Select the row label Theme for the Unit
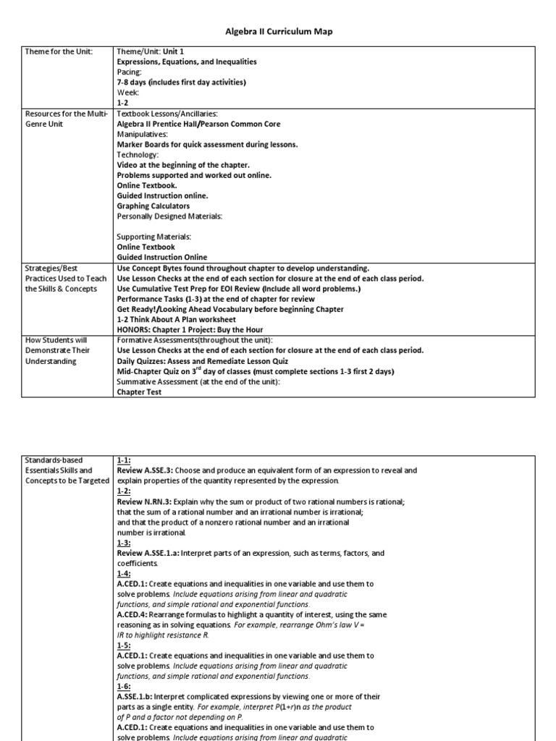coord(59,52)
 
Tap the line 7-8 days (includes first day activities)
coord(181,82)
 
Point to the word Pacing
coord(130,72)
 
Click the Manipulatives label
coord(143,134)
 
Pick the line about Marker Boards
coord(207,144)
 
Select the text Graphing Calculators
coord(153,206)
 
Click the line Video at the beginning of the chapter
coord(183,165)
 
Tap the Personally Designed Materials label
coord(170,216)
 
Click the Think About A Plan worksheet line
coord(176,319)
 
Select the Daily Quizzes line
coord(202,360)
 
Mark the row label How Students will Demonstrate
coord(65,350)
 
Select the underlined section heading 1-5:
coord(124,645)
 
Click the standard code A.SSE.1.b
coord(138,696)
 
